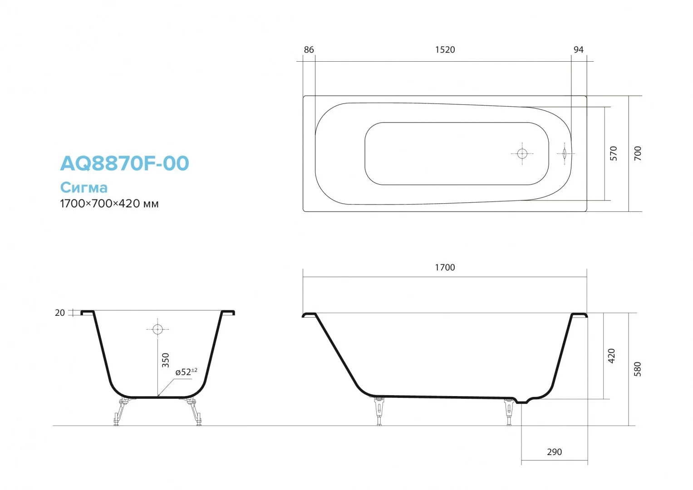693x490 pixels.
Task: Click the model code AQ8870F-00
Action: pos(124,163)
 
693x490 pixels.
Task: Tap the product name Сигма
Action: pos(84,187)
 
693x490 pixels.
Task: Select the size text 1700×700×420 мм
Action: pos(109,204)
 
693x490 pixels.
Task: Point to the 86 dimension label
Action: pos(309,50)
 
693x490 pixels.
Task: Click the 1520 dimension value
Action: pos(445,50)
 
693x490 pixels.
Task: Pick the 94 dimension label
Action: pos(578,50)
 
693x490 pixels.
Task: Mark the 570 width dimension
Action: pos(613,153)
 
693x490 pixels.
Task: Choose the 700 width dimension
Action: pos(637,153)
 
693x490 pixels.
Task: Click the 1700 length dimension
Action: pos(445,267)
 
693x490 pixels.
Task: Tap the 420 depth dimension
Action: pos(611,356)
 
